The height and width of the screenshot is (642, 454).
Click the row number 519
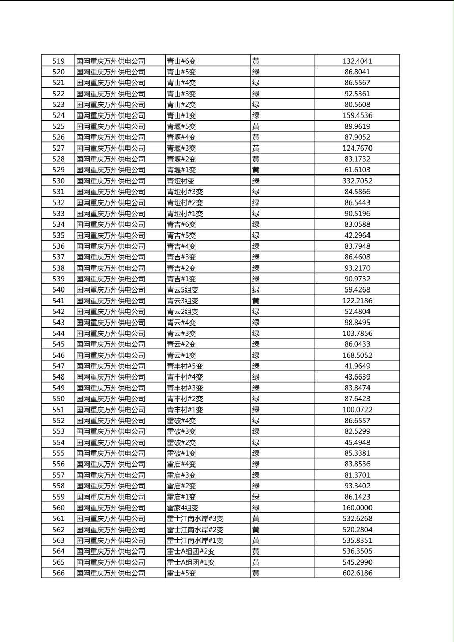[59, 61]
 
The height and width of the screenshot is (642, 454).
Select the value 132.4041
[357, 61]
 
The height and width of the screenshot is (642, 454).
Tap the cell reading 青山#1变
[182, 115]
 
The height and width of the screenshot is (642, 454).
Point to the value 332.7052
[357, 181]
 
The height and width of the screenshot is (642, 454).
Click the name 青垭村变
[181, 181]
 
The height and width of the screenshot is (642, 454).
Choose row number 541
[59, 301]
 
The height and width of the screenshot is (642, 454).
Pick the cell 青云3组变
[183, 301]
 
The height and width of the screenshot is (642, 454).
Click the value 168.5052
[357, 355]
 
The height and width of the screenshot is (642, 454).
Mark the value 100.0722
[357, 410]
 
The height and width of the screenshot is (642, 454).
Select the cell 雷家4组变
[183, 508]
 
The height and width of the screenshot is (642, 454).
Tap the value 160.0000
[357, 508]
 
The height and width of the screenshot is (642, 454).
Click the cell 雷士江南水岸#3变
[195, 519]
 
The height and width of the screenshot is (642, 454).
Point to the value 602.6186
[357, 573]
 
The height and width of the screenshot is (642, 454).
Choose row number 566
[59, 573]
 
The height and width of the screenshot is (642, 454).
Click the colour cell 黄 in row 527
[256, 148]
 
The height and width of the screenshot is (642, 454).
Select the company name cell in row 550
[111, 399]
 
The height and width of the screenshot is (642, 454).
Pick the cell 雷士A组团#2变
[191, 551]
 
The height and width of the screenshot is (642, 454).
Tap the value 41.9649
[357, 366]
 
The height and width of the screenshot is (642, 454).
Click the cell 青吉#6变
[182, 224]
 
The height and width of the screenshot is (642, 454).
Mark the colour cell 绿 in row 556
[256, 464]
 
